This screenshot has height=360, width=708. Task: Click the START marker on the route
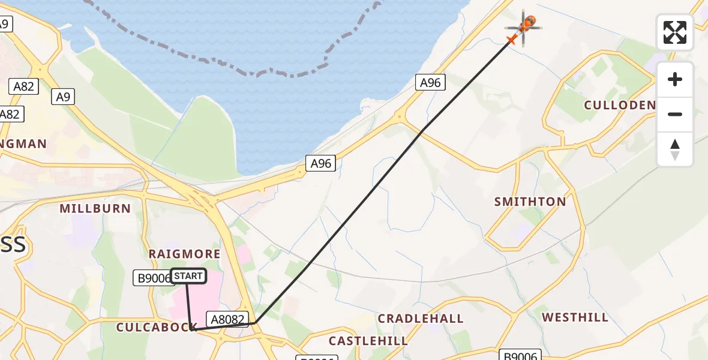(x=188, y=276)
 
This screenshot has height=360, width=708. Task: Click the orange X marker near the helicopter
(x=511, y=40)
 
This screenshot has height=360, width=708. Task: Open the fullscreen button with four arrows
(x=675, y=32)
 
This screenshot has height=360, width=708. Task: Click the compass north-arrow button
(x=675, y=149)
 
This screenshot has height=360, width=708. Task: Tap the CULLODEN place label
(x=620, y=106)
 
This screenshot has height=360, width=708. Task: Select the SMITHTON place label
(x=530, y=202)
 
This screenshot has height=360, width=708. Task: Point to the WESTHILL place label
(x=575, y=317)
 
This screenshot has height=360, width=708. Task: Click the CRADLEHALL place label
(x=421, y=319)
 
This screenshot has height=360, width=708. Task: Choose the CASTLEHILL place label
(x=368, y=341)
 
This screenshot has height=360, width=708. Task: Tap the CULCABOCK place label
(x=153, y=327)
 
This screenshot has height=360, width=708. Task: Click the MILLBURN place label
(x=95, y=209)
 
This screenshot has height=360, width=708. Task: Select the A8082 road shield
(x=226, y=319)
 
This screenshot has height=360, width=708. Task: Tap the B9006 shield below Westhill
(x=521, y=355)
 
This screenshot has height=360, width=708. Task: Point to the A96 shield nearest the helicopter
(x=431, y=83)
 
